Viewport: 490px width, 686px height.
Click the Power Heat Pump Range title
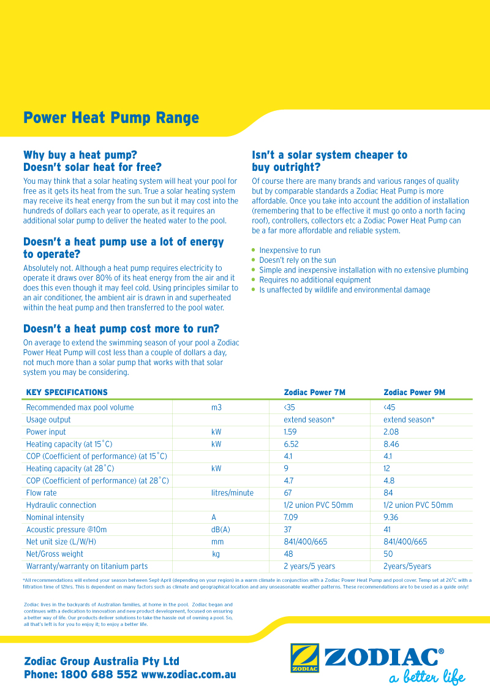pos(111,118)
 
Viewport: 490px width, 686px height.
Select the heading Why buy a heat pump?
pos(80,155)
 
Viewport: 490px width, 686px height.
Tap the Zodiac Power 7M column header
pos(314,392)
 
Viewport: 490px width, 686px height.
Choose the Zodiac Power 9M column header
pos(414,392)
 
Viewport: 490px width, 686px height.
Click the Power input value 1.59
pos(290,432)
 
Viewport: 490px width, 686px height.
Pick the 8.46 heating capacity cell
pos(391,444)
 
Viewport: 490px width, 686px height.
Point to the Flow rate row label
pos(41,493)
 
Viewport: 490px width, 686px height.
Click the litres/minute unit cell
pos(232,493)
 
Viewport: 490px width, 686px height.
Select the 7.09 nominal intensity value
pos(292,518)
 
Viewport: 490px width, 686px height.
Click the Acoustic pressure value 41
pos(387,530)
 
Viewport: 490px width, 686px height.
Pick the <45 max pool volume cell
pos(389,407)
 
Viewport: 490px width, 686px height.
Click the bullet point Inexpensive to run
pos(290,251)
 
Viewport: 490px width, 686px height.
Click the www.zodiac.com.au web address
pos(189,674)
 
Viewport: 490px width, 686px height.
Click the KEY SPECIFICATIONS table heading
pos(67,392)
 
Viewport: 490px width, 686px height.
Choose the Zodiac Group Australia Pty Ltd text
pos(102,661)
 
